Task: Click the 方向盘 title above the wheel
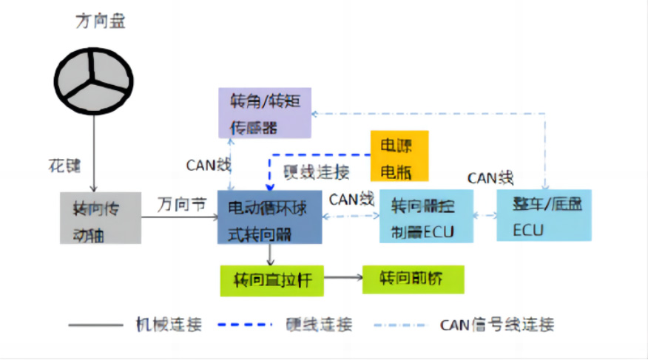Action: pos(101,21)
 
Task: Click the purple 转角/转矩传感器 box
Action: pos(265,112)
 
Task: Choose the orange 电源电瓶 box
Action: pos(399,157)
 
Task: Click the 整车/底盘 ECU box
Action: pos(544,216)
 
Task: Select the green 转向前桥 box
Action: pos(413,279)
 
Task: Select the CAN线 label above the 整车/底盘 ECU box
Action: pos(490,177)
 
